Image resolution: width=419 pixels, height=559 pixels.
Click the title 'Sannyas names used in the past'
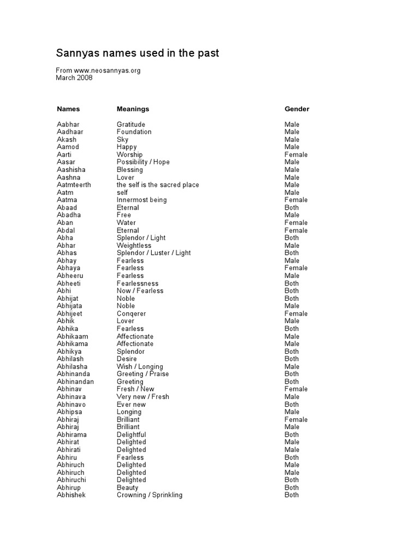[x=137, y=53]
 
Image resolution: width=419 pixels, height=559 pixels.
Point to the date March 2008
[x=74, y=78]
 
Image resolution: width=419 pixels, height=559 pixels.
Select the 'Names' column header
[x=68, y=109]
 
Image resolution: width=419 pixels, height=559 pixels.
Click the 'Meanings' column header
[x=133, y=109]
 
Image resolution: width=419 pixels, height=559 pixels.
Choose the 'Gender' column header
[x=297, y=109]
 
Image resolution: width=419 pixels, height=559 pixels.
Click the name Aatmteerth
[x=74, y=185]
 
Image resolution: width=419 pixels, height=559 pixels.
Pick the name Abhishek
[x=71, y=495]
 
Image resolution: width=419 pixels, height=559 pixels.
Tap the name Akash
[x=67, y=139]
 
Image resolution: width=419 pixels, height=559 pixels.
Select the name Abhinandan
[x=75, y=382]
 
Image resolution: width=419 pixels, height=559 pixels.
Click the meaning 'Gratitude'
[x=131, y=124]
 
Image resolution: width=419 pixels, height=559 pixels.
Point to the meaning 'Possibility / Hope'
[x=143, y=162]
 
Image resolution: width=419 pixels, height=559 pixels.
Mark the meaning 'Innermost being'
[x=142, y=200]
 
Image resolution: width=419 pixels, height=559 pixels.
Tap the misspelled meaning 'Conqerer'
[x=131, y=314]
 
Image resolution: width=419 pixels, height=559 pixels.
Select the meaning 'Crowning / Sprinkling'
[x=149, y=495]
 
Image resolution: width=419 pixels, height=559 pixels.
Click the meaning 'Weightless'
[x=134, y=245]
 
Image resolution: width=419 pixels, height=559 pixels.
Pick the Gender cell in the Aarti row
[x=296, y=154]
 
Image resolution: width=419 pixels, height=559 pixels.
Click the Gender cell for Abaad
[x=292, y=207]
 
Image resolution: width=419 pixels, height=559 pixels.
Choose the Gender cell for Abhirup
[x=292, y=487]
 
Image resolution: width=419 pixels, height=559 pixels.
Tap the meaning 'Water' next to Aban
[x=126, y=223]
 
